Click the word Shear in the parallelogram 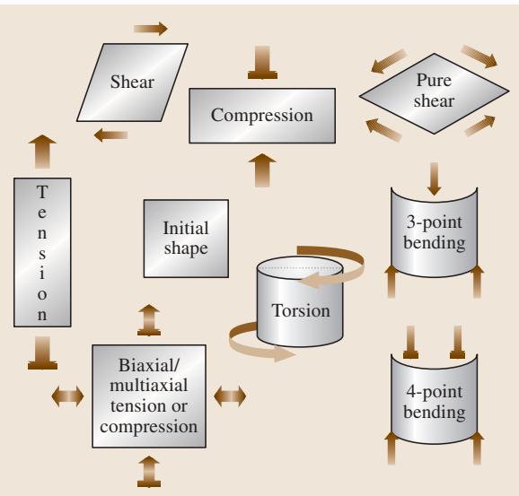(132, 82)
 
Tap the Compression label (262, 116)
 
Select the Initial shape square (186, 239)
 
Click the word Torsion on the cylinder (301, 310)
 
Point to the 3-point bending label (435, 232)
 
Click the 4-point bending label (435, 402)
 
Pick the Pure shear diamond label (434, 91)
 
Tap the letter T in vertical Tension (42, 192)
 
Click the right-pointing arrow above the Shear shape (151, 29)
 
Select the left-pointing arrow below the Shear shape (110, 135)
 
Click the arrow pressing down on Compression (262, 63)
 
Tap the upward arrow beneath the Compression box (262, 170)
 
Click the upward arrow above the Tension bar (42, 152)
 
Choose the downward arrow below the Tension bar (43, 352)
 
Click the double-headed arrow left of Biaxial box (67, 396)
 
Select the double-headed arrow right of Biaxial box (230, 396)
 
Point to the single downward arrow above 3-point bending (434, 178)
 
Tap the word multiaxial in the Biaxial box (149, 386)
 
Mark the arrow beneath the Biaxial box (149, 472)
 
